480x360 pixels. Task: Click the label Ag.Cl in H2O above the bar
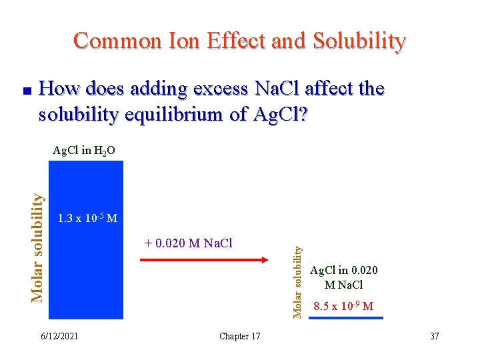coord(84,151)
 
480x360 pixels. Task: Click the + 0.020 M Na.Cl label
coord(188,243)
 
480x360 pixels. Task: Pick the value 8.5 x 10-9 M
coord(343,306)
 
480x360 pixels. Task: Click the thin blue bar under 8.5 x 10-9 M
coord(346,318)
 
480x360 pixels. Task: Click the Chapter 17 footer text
coord(239,336)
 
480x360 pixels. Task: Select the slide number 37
coord(434,336)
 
